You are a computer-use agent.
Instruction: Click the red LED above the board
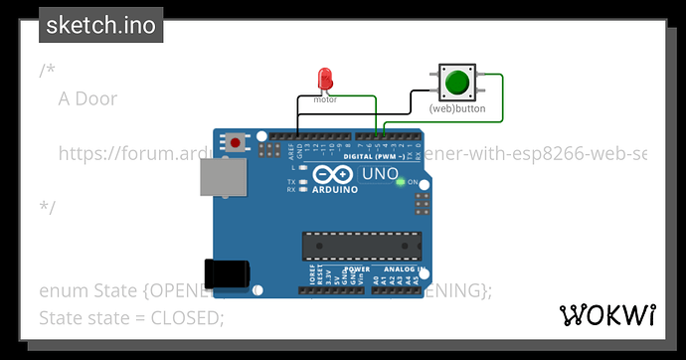(x=324, y=79)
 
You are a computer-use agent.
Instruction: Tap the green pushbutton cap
(x=457, y=81)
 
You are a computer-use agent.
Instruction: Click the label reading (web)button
(x=457, y=108)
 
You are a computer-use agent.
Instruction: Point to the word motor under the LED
(x=325, y=99)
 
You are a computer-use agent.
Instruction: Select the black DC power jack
(x=223, y=275)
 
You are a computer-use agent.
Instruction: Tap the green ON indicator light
(x=399, y=182)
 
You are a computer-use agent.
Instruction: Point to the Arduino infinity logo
(x=326, y=177)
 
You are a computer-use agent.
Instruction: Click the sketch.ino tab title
(x=100, y=25)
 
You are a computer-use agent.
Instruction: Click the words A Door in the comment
(x=87, y=98)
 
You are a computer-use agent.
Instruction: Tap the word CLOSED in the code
(x=188, y=317)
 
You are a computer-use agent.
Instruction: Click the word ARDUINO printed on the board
(x=332, y=193)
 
